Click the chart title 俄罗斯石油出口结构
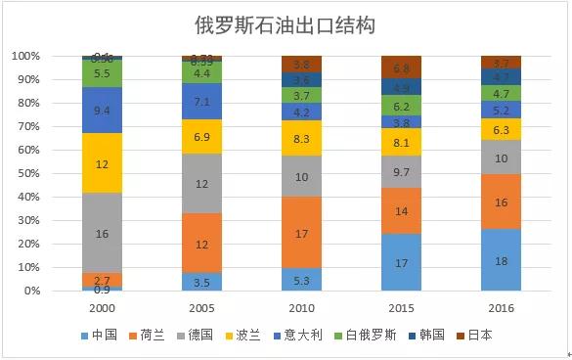tap(286, 23)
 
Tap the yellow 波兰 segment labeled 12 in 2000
tap(102, 163)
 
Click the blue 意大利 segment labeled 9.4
tap(102, 110)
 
